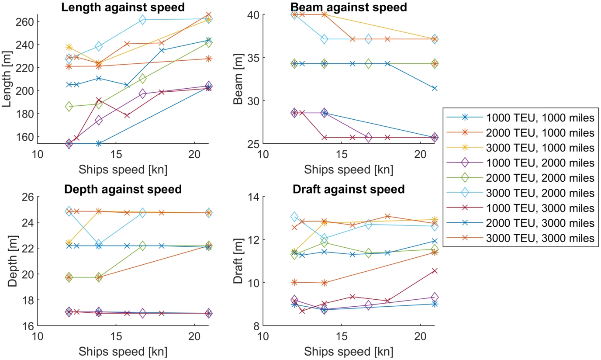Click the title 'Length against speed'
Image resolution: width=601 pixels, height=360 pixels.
click(x=123, y=7)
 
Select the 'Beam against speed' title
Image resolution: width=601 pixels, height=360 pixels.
click(x=348, y=7)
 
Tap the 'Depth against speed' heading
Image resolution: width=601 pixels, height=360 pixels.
click(x=123, y=189)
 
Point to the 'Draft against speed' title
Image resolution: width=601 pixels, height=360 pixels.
click(x=348, y=189)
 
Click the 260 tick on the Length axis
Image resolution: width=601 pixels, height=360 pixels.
click(x=26, y=22)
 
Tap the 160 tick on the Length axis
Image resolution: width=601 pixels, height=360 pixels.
click(x=26, y=136)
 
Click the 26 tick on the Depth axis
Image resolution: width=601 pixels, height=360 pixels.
click(x=29, y=197)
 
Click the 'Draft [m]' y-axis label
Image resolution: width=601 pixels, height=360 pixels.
click(x=238, y=261)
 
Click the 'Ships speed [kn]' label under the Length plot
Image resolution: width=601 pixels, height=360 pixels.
click(x=123, y=169)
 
